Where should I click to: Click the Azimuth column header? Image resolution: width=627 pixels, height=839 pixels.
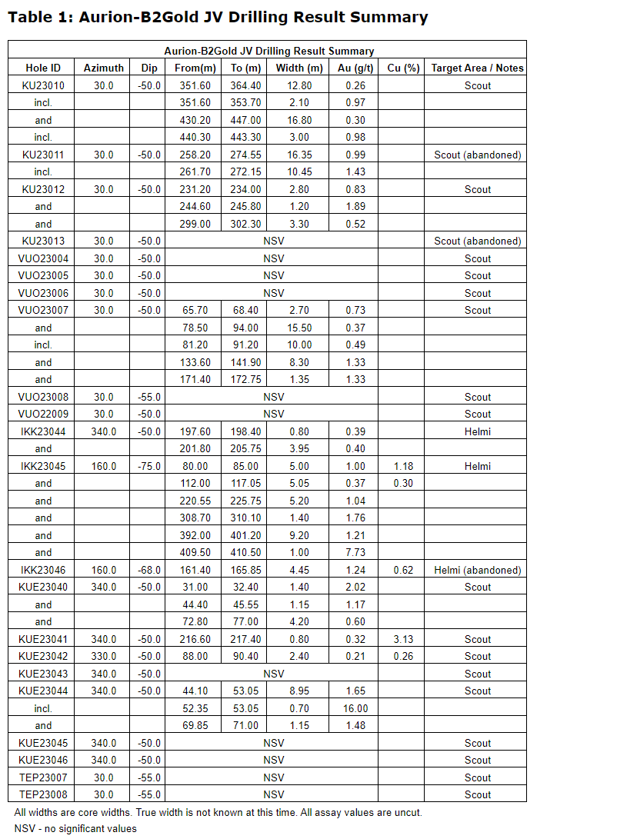coord(103,68)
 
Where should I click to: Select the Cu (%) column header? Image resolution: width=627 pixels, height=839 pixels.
coord(403,68)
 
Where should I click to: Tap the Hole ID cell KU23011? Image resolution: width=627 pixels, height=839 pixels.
coord(43,155)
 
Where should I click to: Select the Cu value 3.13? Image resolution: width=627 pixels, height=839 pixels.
coord(403,639)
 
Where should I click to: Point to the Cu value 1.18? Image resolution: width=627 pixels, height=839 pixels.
coord(403,466)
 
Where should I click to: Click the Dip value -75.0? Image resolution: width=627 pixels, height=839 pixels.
coord(149,466)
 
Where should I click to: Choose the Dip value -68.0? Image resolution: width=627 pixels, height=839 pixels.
coord(149,570)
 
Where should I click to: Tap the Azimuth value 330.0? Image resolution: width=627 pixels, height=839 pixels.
coord(103,656)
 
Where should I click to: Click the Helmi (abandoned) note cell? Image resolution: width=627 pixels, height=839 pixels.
coord(477,570)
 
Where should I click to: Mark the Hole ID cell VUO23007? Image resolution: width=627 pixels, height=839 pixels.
coord(43,310)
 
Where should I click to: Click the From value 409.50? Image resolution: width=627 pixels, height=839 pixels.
coord(195,552)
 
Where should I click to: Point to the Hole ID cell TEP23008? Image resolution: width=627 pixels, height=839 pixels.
coord(43,794)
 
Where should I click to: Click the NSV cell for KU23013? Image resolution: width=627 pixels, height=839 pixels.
coord(273,241)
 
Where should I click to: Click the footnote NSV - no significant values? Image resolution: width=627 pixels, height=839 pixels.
coord(75,828)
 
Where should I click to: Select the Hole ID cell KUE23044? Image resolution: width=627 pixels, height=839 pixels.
coord(43,691)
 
